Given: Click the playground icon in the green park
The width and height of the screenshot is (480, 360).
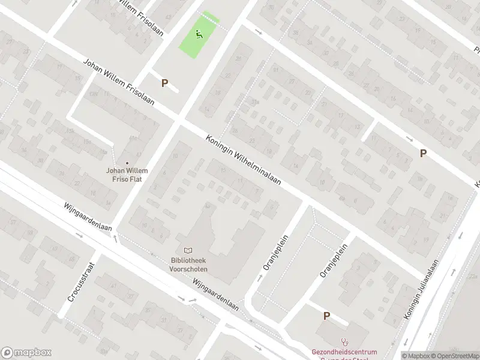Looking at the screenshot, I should click(199, 34).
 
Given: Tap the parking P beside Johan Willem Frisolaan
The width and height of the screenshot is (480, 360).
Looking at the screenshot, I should click(164, 83).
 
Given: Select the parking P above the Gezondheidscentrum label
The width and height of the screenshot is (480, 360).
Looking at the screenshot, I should click(327, 316).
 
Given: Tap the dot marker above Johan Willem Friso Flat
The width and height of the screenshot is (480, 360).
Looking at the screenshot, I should click(127, 163).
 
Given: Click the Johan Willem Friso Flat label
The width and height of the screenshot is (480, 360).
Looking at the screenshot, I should click(127, 175).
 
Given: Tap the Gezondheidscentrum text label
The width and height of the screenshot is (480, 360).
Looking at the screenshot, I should click(344, 352).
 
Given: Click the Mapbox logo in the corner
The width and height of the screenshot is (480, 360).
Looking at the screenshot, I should click(26, 353).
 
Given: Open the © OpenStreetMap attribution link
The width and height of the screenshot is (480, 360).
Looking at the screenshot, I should click(452, 355).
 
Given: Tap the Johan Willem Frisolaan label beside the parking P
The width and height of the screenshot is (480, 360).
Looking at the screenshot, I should click(119, 82).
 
